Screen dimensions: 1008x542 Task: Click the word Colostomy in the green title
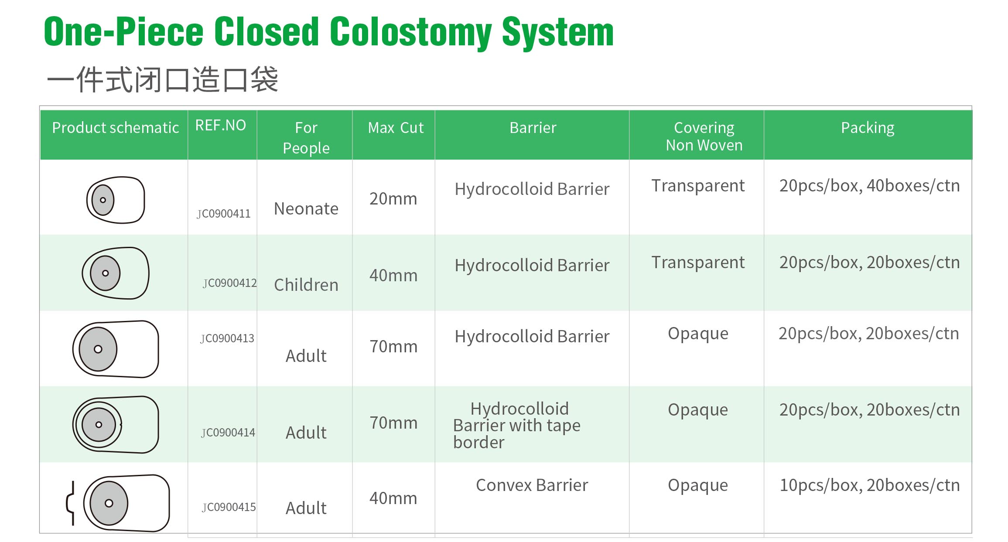click(x=410, y=33)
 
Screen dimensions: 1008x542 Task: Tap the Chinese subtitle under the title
click(x=162, y=80)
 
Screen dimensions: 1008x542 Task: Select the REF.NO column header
click(x=220, y=126)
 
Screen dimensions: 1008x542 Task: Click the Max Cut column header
click(x=396, y=128)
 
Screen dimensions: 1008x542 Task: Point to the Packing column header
click(x=868, y=128)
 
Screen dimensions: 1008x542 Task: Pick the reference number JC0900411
click(x=223, y=214)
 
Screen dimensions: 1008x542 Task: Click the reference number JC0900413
click(x=227, y=338)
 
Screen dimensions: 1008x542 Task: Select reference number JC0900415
click(x=229, y=507)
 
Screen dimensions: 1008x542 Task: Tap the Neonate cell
click(x=306, y=209)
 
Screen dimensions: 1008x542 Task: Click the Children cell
click(x=306, y=285)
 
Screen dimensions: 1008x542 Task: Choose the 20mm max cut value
click(x=393, y=199)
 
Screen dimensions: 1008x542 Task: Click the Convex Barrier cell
click(x=532, y=485)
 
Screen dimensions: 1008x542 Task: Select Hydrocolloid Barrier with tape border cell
click(x=517, y=426)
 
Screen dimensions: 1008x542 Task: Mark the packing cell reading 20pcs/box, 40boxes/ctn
click(x=869, y=186)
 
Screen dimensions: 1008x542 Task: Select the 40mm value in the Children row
click(x=393, y=276)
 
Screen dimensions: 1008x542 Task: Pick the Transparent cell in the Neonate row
click(x=698, y=186)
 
